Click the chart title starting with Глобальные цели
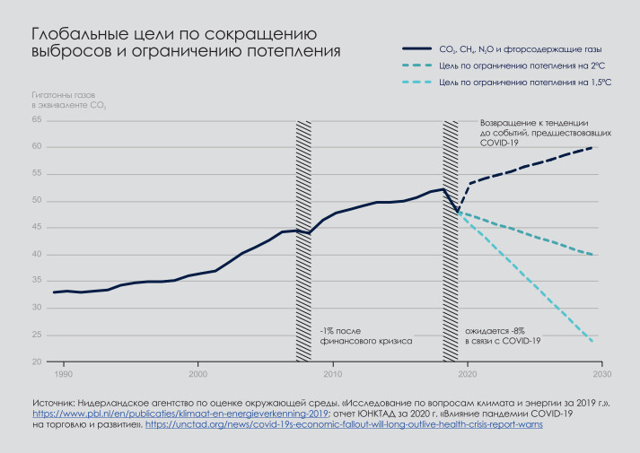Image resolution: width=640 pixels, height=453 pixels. point(186,42)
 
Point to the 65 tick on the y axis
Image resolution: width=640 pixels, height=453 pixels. point(37,119)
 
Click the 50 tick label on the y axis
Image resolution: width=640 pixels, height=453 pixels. point(37,200)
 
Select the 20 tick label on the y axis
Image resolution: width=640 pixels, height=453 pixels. point(37,362)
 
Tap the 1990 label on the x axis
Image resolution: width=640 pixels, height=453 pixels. point(64,372)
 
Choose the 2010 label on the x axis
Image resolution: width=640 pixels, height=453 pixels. point(332,372)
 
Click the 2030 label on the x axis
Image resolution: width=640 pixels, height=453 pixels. point(601,372)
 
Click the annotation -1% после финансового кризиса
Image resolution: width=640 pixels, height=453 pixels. point(365,336)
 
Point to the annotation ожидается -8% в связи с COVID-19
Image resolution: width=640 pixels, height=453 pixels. point(503,336)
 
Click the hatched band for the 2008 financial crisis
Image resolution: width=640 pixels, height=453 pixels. point(303,224)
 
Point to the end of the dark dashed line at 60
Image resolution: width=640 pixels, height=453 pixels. point(593,147)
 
